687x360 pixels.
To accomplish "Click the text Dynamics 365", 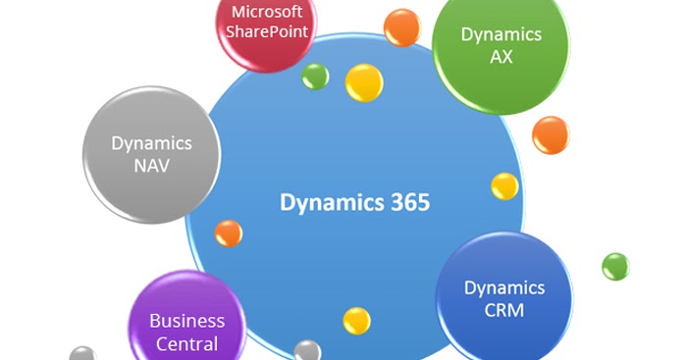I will point(354,202).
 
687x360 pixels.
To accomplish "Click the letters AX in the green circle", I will point(502,56).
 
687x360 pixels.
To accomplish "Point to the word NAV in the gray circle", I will point(151,165).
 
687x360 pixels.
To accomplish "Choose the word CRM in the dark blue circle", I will point(503,311).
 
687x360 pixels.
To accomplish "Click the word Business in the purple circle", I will point(186,321).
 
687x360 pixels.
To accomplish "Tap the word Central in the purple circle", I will point(186,344).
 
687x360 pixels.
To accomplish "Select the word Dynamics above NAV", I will point(151,142).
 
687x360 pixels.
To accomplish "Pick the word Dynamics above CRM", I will point(503,288).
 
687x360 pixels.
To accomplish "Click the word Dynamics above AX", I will point(502,34).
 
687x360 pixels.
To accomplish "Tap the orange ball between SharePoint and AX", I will point(401,26).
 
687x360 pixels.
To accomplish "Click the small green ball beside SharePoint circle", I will point(315,76).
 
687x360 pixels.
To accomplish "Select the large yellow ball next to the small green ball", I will point(364,82).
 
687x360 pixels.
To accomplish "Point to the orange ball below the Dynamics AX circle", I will point(550,134).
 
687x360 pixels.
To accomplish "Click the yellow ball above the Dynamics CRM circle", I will point(504,186).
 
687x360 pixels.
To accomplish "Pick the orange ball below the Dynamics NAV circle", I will point(228,233).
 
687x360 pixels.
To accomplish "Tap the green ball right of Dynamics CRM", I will point(615,266).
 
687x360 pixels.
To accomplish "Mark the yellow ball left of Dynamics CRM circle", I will point(356,320).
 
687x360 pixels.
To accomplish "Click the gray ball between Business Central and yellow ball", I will point(307,351).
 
